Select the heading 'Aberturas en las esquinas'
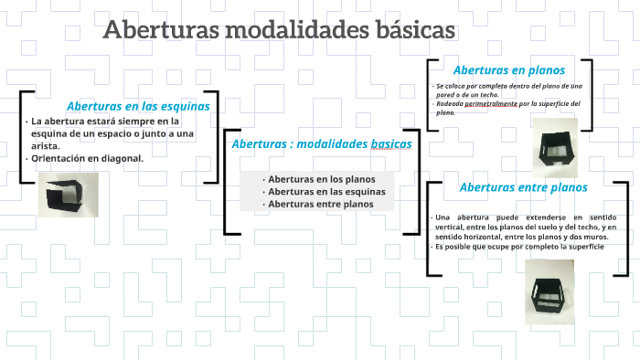[x=138, y=106]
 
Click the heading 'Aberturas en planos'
[x=509, y=69]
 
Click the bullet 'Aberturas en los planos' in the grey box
[x=316, y=179]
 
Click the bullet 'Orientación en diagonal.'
[x=88, y=158]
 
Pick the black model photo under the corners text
[x=68, y=194]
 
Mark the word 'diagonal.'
[x=123, y=158]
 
